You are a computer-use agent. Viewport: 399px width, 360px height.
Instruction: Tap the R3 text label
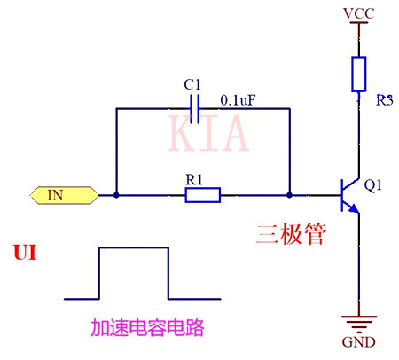(382, 99)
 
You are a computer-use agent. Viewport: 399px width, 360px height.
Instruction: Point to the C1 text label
(192, 83)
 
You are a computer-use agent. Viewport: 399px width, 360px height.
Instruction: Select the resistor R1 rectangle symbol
(202, 194)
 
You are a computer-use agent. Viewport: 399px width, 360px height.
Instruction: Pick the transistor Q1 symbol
(351, 194)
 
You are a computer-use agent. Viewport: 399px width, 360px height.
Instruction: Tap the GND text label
(357, 343)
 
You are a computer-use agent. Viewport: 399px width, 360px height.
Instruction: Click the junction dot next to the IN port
(115, 194)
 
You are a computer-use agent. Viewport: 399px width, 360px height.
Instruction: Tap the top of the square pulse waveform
(133, 248)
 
